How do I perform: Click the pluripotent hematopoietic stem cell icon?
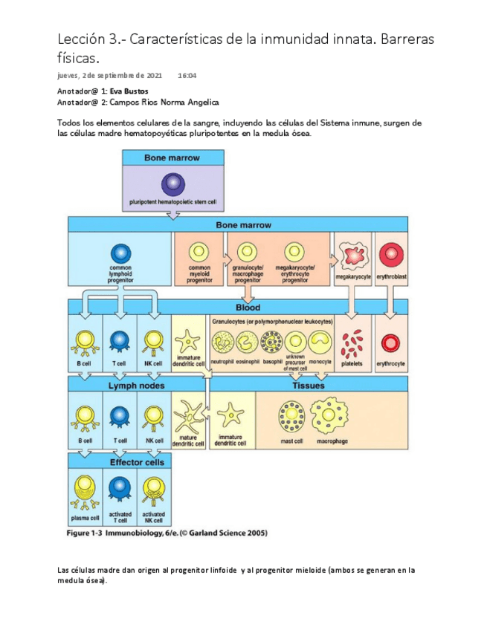tap(172, 184)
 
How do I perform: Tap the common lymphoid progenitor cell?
tap(120, 253)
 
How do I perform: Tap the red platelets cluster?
tap(352, 343)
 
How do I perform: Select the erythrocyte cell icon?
tap(390, 343)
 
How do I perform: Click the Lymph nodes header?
tap(137, 386)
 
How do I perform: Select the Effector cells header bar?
tap(137, 462)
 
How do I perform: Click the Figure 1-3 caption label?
tap(167, 533)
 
